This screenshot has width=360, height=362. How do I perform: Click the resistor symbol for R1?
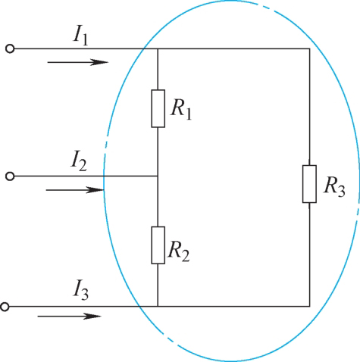(158, 108)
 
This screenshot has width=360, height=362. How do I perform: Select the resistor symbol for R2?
(158, 245)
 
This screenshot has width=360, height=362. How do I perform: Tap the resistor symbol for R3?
(309, 184)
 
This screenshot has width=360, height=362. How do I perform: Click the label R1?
(181, 111)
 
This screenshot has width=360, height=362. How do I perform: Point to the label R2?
(179, 251)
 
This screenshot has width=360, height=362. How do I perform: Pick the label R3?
(334, 187)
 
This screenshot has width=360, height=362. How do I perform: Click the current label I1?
(80, 37)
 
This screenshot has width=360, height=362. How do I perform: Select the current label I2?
(79, 161)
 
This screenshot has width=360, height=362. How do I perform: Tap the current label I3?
(81, 291)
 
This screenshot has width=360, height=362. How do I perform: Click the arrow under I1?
(78, 62)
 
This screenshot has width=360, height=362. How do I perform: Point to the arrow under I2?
(75, 190)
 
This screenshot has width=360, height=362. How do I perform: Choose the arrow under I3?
(70, 316)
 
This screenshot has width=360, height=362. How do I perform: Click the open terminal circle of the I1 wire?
(10, 48)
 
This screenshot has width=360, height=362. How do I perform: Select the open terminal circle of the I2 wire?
(10, 176)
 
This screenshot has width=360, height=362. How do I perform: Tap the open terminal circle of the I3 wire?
(5, 307)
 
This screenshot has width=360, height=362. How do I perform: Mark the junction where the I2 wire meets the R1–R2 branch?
(158, 176)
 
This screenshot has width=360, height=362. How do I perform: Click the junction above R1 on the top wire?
(158, 48)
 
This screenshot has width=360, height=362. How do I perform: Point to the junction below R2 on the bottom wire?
(158, 307)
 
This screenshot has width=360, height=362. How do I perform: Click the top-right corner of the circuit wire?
(310, 48)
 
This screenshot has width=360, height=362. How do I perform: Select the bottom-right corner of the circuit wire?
(310, 307)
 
